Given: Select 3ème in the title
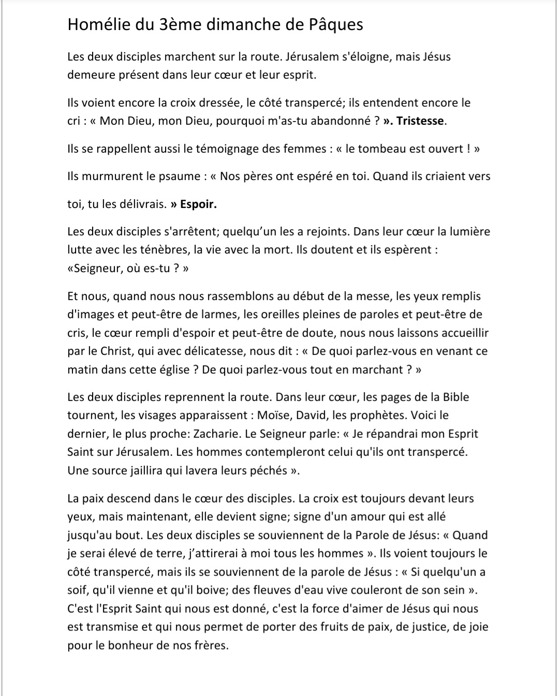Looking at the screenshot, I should tap(174, 24).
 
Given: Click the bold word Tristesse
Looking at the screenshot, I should tap(420, 121).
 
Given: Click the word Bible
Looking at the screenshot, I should tap(456, 397).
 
